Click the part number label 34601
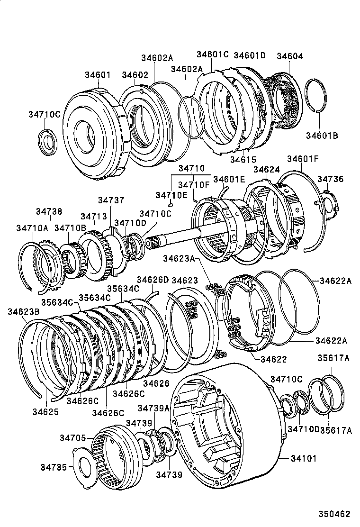(98, 75)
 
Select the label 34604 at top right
(289, 56)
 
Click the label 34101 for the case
(304, 459)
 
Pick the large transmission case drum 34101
(227, 427)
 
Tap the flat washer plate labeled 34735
(88, 467)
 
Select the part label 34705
(72, 438)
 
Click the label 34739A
(153, 408)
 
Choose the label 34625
(46, 412)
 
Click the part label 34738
(49, 211)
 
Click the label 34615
(243, 160)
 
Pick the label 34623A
(179, 258)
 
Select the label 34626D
(153, 280)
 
